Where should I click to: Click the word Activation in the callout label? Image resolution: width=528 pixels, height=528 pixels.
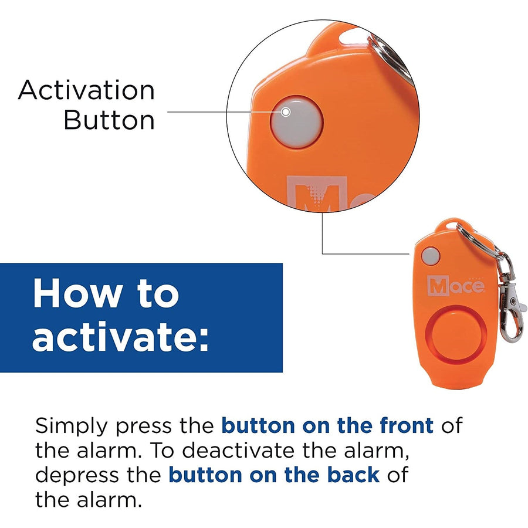(x=87, y=90)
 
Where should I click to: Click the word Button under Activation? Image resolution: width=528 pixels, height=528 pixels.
(x=109, y=120)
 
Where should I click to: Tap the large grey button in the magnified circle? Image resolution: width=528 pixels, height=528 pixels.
(x=296, y=122)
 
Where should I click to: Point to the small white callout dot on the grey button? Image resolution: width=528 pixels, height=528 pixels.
(x=286, y=112)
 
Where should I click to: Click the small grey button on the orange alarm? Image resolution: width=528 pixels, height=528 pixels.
(x=431, y=256)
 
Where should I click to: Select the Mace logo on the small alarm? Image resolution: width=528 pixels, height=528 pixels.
(x=456, y=286)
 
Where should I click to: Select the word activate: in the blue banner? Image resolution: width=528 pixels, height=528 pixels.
(x=120, y=336)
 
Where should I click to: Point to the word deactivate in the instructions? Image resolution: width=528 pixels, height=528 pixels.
(x=241, y=450)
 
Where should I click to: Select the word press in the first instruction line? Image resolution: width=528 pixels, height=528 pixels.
(x=144, y=428)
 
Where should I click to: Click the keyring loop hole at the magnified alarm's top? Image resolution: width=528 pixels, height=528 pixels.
(x=354, y=37)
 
